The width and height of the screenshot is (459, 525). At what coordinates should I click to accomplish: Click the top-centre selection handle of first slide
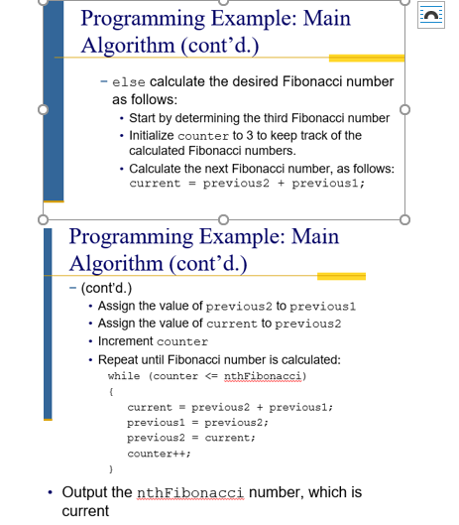coord(223,2)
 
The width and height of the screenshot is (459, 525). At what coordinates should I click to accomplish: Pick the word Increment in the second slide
coord(126,341)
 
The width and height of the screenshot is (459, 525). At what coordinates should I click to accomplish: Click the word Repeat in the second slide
coord(119,359)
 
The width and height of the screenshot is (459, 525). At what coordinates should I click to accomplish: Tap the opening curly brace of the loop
coord(110,393)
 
